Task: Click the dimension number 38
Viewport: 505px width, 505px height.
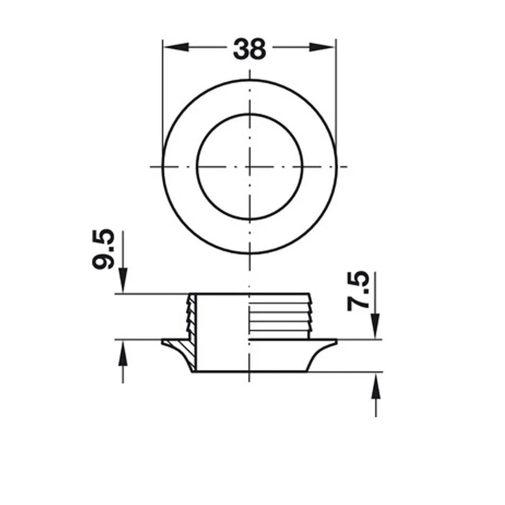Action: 249,49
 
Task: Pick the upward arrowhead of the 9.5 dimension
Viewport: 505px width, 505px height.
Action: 123,350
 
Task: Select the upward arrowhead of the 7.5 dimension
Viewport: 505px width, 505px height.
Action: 375,383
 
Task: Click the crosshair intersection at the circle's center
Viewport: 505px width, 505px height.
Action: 249,166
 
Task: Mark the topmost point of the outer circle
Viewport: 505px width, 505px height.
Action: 249,80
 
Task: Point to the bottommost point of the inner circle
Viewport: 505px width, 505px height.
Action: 249,219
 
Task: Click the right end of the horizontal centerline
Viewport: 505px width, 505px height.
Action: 346,166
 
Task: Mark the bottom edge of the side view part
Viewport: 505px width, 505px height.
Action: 249,372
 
